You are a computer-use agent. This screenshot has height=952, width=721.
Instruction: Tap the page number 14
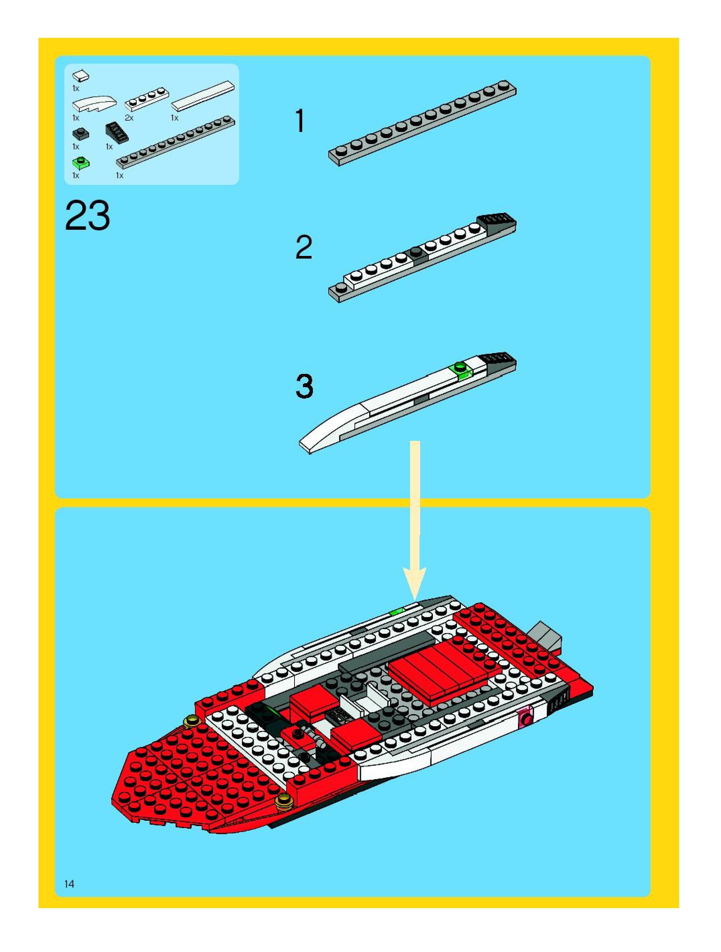click(69, 884)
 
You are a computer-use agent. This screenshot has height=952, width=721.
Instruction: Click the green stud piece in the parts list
click(80, 163)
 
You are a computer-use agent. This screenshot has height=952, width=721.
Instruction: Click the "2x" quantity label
click(129, 118)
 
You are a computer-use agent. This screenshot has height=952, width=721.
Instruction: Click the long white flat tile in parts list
click(203, 96)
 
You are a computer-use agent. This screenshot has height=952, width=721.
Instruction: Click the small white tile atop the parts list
click(81, 76)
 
